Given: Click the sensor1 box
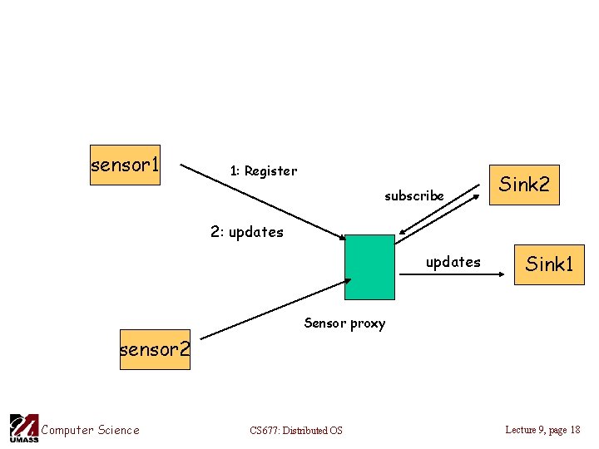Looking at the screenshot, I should click(x=125, y=165).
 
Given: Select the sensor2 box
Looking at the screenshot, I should click(x=155, y=350).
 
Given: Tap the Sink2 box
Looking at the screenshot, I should click(x=523, y=185).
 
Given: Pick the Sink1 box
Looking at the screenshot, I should click(x=549, y=264).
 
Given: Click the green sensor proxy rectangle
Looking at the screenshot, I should click(x=369, y=267).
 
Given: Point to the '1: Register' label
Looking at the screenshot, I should click(x=263, y=171).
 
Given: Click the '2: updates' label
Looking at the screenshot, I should click(x=246, y=232).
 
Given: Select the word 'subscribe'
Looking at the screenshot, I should click(x=413, y=196).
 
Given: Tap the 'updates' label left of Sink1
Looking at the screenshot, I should click(x=453, y=262).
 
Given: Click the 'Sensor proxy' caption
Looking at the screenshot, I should click(x=344, y=323).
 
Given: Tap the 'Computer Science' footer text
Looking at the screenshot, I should click(x=90, y=430).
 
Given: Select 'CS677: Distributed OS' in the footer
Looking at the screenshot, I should click(x=295, y=431).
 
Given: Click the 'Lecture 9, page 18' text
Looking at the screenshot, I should click(x=542, y=430).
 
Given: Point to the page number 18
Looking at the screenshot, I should click(x=574, y=430).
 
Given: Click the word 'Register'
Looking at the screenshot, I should click(x=270, y=171).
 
